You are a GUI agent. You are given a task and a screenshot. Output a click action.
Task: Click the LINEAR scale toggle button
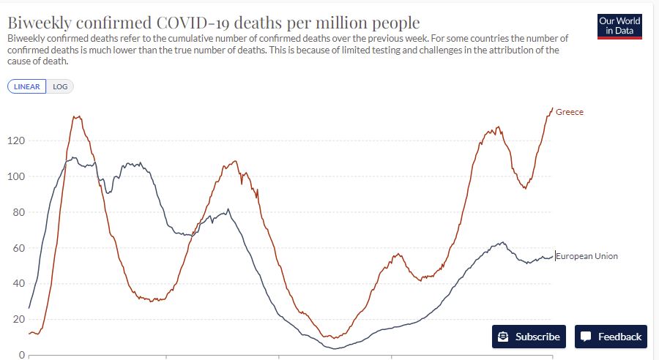(x=27, y=86)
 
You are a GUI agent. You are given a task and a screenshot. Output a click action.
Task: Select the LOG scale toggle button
(x=60, y=86)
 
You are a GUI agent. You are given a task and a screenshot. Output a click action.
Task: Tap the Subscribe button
(x=529, y=337)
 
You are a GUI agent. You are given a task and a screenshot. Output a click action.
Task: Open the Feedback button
(x=611, y=337)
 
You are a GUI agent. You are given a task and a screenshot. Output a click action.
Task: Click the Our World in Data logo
(x=619, y=26)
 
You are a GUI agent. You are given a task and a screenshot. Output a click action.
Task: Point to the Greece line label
(x=570, y=112)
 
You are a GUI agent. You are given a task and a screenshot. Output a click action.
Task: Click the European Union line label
(x=587, y=256)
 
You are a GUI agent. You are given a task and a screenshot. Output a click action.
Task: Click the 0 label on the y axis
(x=22, y=355)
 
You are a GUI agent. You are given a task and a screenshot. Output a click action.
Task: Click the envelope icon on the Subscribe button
(x=503, y=337)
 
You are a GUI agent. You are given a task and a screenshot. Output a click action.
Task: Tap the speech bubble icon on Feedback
(x=586, y=337)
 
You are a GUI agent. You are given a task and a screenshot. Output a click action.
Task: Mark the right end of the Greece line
(x=552, y=108)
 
